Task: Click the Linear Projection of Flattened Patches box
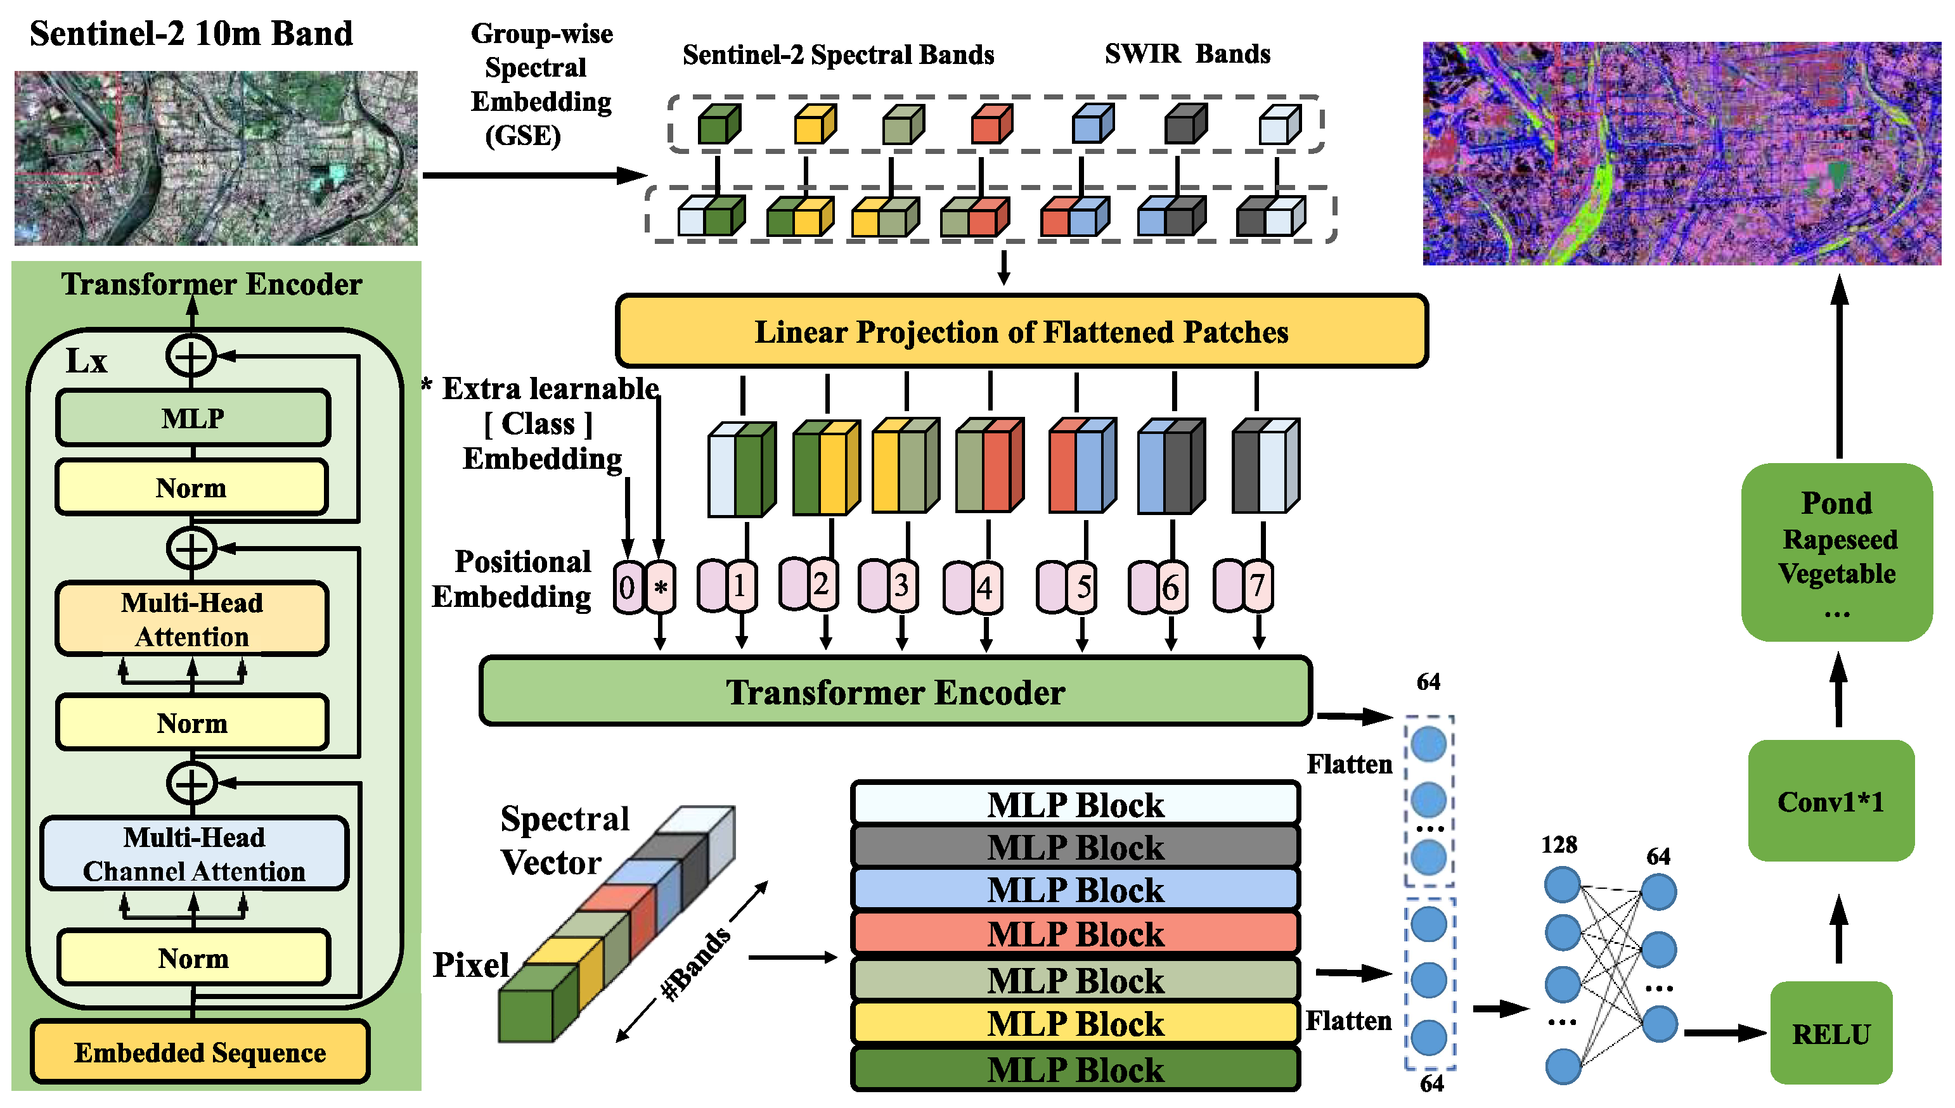click(x=1021, y=332)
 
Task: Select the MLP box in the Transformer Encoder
click(x=193, y=417)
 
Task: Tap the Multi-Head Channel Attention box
click(x=194, y=854)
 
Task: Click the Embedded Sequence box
click(x=200, y=1052)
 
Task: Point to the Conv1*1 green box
click(x=1831, y=801)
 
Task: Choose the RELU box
click(x=1831, y=1033)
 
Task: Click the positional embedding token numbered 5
click(x=1083, y=587)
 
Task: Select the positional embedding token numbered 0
click(x=628, y=587)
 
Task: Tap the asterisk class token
click(x=661, y=587)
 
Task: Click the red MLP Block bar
click(x=1075, y=934)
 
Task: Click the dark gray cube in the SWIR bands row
click(x=1184, y=125)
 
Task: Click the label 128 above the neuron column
click(x=1558, y=844)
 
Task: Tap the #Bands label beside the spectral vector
click(x=697, y=964)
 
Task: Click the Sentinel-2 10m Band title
click(x=191, y=34)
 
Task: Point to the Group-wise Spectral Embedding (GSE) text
click(x=541, y=84)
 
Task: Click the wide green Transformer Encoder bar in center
click(x=894, y=692)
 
